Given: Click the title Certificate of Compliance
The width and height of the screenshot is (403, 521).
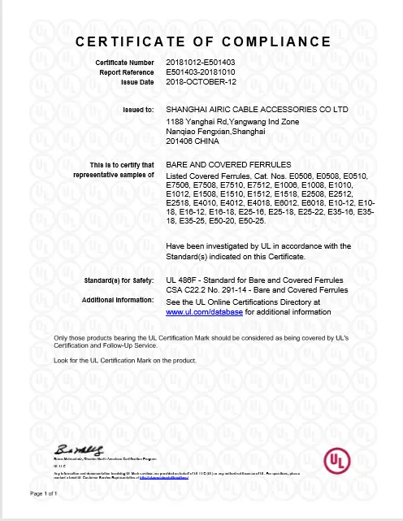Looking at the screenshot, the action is [201, 41].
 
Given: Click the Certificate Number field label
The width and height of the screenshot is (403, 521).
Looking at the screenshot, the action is [124, 63].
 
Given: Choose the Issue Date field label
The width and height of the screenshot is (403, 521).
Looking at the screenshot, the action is [136, 82].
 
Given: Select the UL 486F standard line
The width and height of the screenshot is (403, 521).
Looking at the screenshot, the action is [253, 280].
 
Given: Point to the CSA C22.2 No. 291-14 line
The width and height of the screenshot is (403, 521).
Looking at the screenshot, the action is [252, 290].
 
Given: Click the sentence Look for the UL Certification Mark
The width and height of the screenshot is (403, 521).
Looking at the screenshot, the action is [114, 360].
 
